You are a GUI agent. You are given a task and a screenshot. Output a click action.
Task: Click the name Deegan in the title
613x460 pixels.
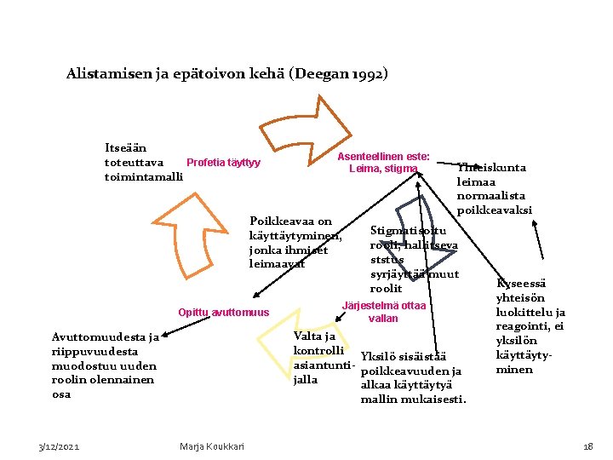(319, 74)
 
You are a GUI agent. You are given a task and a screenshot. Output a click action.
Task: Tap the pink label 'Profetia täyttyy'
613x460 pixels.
(223, 163)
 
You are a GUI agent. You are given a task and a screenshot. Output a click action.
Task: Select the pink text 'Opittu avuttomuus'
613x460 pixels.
(223, 313)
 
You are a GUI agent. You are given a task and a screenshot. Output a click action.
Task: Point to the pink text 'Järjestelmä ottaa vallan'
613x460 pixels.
(383, 312)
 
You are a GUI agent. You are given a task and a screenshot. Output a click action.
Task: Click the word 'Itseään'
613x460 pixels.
(124, 148)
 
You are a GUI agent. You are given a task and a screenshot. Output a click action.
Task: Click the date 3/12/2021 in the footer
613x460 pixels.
(60, 446)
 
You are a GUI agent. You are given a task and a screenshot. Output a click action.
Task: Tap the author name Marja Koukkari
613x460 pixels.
(212, 446)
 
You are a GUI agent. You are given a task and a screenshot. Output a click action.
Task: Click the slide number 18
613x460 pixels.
(587, 446)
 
